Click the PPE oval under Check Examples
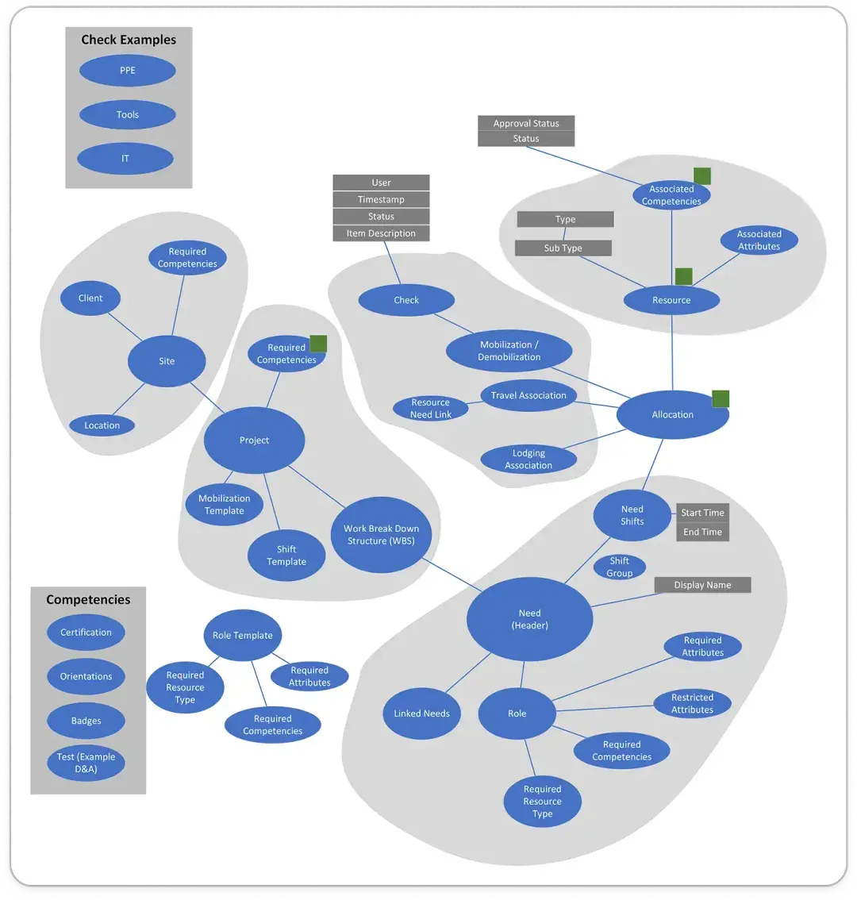pyautogui.click(x=127, y=71)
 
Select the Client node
pyautogui.click(x=90, y=298)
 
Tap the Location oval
pyautogui.click(x=102, y=425)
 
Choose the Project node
pyautogui.click(x=254, y=440)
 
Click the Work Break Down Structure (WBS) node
pyautogui.click(x=381, y=534)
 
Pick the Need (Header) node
pyautogui.click(x=529, y=619)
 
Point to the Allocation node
pyautogui.click(x=672, y=414)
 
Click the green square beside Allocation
pyautogui.click(x=721, y=398)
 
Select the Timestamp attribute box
pyautogui.click(x=381, y=200)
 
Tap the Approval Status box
pyautogui.click(x=526, y=124)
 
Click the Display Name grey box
pyautogui.click(x=702, y=585)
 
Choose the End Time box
pyautogui.click(x=702, y=532)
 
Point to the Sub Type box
pyautogui.click(x=563, y=248)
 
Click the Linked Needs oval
pyautogui.click(x=421, y=713)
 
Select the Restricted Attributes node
pyautogui.click(x=692, y=703)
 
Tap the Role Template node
pyautogui.click(x=242, y=635)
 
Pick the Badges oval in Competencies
pyautogui.click(x=86, y=721)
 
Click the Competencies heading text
pyautogui.click(x=88, y=600)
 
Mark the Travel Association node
pyautogui.click(x=528, y=395)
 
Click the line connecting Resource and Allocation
pyautogui.click(x=672, y=353)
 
